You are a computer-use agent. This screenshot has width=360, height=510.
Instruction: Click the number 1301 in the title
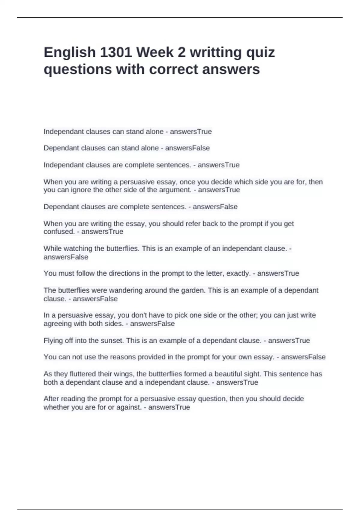(115, 52)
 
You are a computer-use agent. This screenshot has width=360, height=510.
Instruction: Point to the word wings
(126, 374)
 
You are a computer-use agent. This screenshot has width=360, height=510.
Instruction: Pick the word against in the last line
(129, 407)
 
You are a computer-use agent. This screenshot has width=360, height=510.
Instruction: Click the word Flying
(52, 341)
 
